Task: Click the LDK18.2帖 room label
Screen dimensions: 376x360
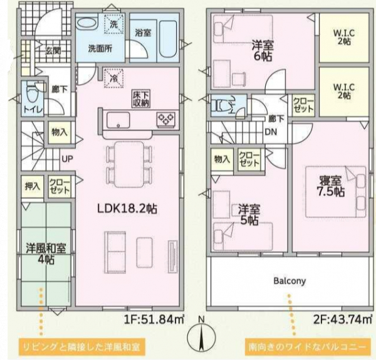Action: (127, 209)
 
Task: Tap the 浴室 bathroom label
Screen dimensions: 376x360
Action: (143, 33)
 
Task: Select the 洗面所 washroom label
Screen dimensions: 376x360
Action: (100, 49)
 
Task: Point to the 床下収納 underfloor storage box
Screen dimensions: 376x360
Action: (141, 98)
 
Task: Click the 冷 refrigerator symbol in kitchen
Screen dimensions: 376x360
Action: (113, 78)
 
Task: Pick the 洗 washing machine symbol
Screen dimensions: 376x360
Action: (114, 24)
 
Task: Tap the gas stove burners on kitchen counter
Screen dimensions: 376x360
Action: (165, 119)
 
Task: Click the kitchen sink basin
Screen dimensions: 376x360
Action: (118, 120)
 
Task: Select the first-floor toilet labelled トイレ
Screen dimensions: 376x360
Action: (33, 98)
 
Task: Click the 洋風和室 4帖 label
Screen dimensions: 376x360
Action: (46, 253)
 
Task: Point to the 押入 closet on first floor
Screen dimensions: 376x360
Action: (33, 186)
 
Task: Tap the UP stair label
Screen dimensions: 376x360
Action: (67, 159)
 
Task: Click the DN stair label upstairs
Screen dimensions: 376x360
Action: (271, 132)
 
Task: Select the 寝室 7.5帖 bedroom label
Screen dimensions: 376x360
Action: (331, 186)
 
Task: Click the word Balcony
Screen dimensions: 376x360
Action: (290, 281)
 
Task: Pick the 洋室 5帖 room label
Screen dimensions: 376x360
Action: (249, 214)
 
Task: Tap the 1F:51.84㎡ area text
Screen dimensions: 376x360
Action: (154, 319)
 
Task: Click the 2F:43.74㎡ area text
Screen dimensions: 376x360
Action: (343, 319)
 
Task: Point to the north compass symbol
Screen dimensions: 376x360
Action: (201, 336)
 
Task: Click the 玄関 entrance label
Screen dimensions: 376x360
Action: (53, 51)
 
